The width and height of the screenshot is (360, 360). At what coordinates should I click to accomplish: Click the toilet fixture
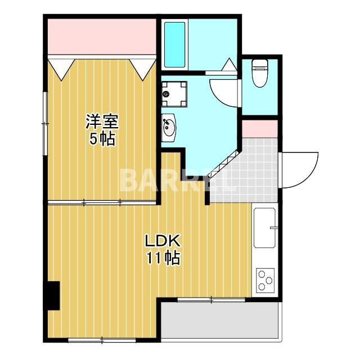260,73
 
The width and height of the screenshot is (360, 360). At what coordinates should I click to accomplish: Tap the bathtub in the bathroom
174,45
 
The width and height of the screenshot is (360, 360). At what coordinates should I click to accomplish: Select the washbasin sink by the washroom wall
169,128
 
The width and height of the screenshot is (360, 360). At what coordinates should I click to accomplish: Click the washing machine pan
174,94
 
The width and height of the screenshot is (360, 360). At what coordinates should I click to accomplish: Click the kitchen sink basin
264,228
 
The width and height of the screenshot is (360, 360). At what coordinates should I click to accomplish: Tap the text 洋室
102,121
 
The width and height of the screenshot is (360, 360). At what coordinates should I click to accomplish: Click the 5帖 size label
102,139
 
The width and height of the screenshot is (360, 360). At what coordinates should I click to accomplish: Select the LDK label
163,241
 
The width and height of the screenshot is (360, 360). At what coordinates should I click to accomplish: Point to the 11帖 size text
163,258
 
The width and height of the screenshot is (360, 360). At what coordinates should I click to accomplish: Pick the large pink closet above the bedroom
102,37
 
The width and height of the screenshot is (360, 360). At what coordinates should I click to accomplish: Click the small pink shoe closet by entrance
260,129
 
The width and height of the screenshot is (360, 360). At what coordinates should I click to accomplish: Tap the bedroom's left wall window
45,124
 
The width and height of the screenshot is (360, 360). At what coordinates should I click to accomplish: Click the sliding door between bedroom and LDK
102,202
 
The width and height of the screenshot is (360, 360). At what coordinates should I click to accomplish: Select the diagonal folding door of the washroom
224,164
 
